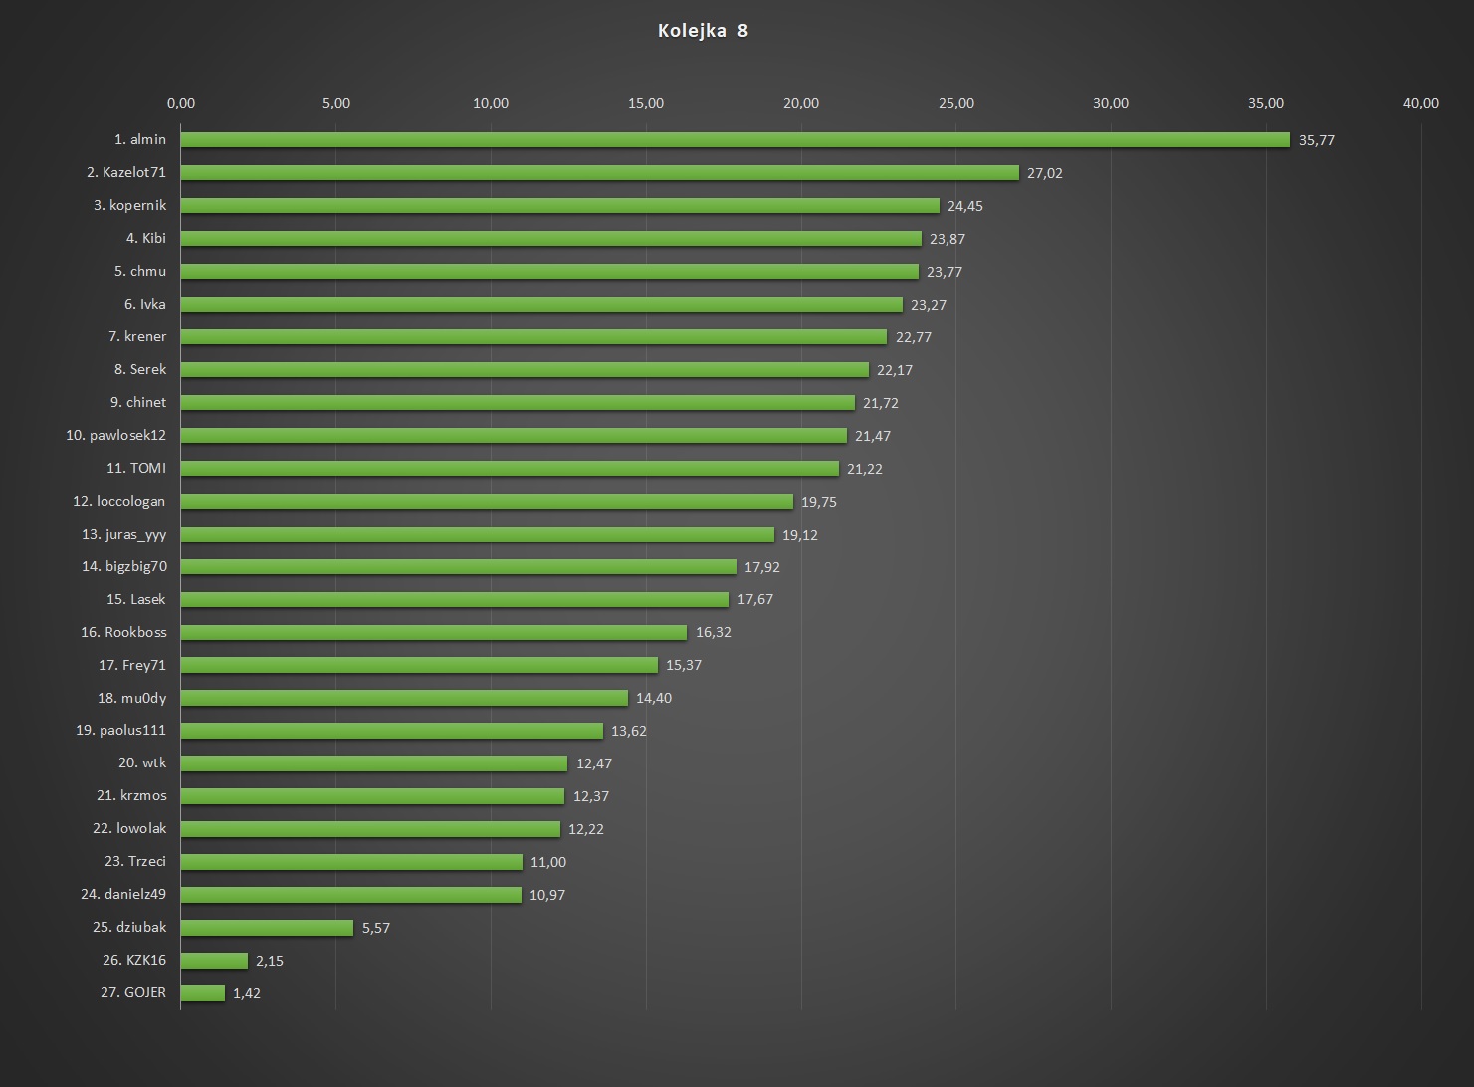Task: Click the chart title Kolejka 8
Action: [x=703, y=31]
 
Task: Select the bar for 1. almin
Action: [x=735, y=140]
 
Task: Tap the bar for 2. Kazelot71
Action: [x=599, y=173]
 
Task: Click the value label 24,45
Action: [x=964, y=206]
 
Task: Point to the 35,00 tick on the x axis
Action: [x=1266, y=103]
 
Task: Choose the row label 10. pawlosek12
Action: [x=115, y=435]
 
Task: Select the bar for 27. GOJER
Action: [x=203, y=993]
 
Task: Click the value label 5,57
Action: [x=376, y=928]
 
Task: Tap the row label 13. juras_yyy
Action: [x=123, y=534]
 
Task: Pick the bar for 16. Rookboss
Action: [x=434, y=632]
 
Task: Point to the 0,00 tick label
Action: [x=181, y=103]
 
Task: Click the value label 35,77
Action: [x=1316, y=140]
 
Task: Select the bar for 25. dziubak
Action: [x=267, y=928]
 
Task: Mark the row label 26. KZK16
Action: [x=133, y=960]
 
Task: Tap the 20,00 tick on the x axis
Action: [x=801, y=103]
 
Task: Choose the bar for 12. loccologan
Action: [x=487, y=502]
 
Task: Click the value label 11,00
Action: [x=547, y=862]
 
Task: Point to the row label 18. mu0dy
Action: [x=131, y=698]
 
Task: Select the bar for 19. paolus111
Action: [x=392, y=731]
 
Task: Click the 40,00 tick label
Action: [x=1421, y=103]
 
